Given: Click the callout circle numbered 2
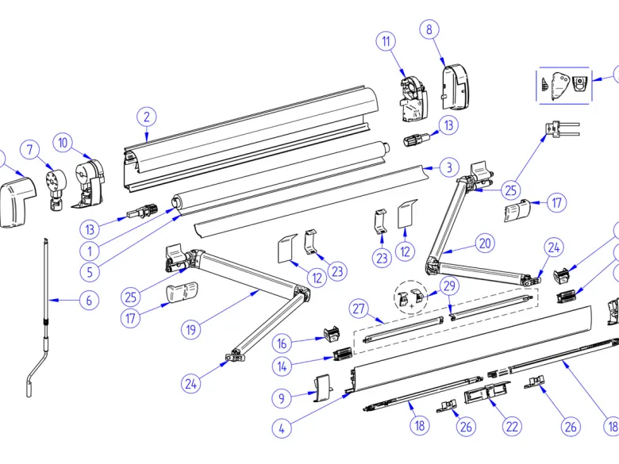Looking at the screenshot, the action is pos(147,117).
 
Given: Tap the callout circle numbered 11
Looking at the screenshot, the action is pos(386,41).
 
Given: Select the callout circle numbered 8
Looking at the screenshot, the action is pos(429,29).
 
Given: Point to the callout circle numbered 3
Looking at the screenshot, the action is pos(449,167).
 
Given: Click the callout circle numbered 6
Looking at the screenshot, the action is pos(89,301).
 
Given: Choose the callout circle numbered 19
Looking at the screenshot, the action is pos(191,329).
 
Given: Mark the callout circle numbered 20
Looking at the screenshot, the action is pos(485,243).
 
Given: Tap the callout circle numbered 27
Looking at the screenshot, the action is pos(359,309).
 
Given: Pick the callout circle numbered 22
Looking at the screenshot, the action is pos(512,426).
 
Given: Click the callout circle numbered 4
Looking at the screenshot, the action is pos(282,428).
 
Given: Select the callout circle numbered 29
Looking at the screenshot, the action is pos(450,286).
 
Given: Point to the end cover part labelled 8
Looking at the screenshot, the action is pos(456,87).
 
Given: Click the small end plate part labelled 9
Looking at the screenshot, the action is pos(323,388).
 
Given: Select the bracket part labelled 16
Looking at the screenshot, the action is pos(332,334).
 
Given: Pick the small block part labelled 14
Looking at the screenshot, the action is pos(343,354).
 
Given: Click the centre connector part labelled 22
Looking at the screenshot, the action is pos(487,393).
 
